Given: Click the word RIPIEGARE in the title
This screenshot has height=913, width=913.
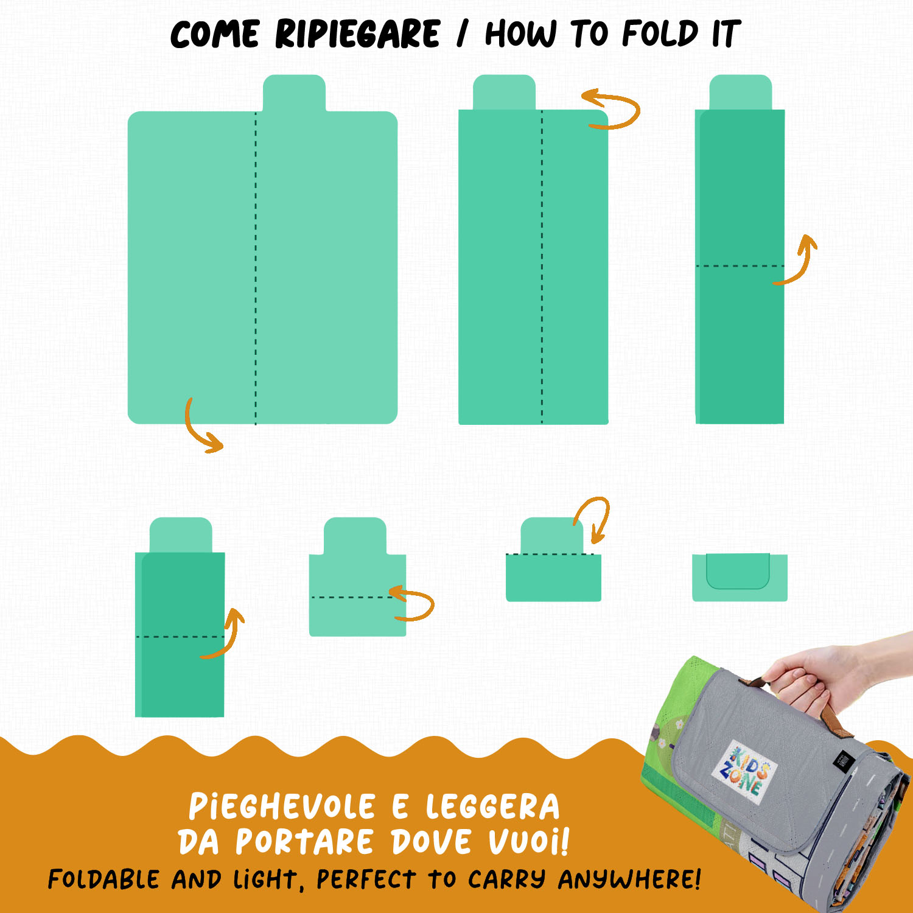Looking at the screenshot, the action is tap(357, 33).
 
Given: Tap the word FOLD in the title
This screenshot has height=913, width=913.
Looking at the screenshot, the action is tap(660, 33).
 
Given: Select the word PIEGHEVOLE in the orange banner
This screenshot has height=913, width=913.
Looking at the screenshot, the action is tap(282, 806).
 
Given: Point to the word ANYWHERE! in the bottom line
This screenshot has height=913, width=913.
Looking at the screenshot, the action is tap(629, 879).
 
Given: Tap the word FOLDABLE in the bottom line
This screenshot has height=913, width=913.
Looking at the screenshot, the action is tap(104, 879).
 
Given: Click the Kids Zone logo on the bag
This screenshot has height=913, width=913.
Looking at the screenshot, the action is tap(744, 768).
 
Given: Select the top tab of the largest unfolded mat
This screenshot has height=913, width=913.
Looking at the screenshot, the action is tap(294, 93).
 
